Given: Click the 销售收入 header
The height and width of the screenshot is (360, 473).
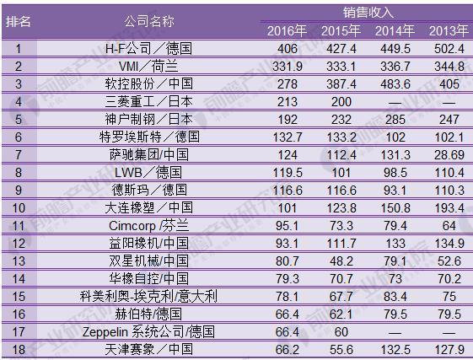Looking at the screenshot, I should click(x=368, y=13).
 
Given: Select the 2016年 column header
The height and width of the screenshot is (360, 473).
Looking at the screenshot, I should click(x=288, y=31).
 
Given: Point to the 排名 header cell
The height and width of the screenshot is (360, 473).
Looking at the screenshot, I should click(x=19, y=22).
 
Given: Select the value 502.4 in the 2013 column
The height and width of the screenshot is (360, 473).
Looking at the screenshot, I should click(x=449, y=48).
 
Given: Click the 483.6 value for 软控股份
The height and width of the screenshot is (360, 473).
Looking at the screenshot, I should click(x=395, y=83).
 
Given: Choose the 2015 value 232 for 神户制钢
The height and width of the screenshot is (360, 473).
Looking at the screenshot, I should click(x=341, y=119).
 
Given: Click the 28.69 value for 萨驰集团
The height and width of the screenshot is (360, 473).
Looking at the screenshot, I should click(x=449, y=154).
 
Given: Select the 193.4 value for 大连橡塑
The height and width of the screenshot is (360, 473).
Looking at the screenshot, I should click(x=449, y=207).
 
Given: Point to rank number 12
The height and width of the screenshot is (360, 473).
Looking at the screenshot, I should click(x=19, y=242).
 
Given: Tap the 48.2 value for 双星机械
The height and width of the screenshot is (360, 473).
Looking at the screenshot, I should click(x=341, y=260).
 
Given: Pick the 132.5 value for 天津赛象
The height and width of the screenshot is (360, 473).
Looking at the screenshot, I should click(x=395, y=348).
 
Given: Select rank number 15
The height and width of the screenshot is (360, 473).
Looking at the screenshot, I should click(x=19, y=295).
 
